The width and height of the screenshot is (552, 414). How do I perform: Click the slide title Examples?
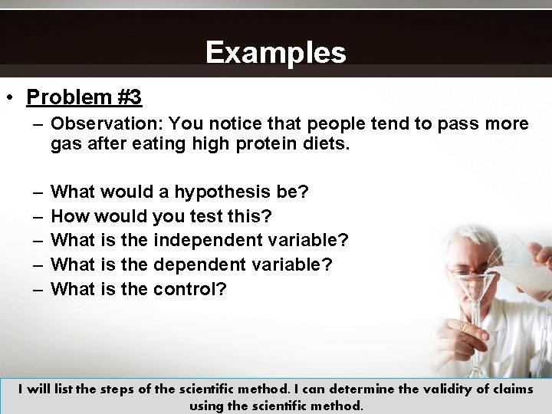tap(275, 53)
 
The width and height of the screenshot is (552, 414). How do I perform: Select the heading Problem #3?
tap(84, 97)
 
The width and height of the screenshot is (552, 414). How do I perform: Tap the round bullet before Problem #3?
tap(10, 98)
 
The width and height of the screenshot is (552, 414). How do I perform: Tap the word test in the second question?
tap(206, 216)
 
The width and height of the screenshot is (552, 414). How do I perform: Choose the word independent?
tap(208, 240)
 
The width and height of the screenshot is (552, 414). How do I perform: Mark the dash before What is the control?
tap(38, 289)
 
